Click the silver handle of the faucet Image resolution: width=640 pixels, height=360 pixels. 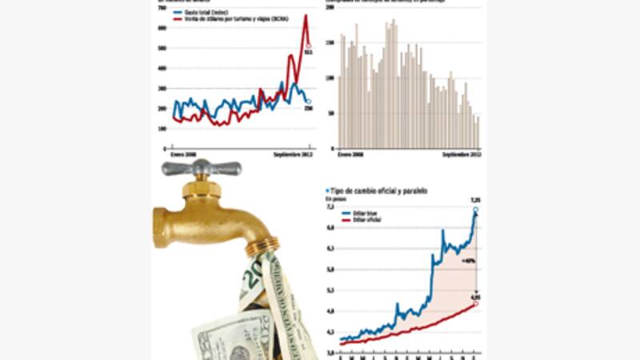pos(201,168)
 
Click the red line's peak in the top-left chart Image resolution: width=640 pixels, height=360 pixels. pos(306,16)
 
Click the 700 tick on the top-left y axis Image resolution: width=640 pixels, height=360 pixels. pos(162,7)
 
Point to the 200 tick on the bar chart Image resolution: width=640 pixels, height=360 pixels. pos(330,7)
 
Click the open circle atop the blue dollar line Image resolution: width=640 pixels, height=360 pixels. pos(475,210)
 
